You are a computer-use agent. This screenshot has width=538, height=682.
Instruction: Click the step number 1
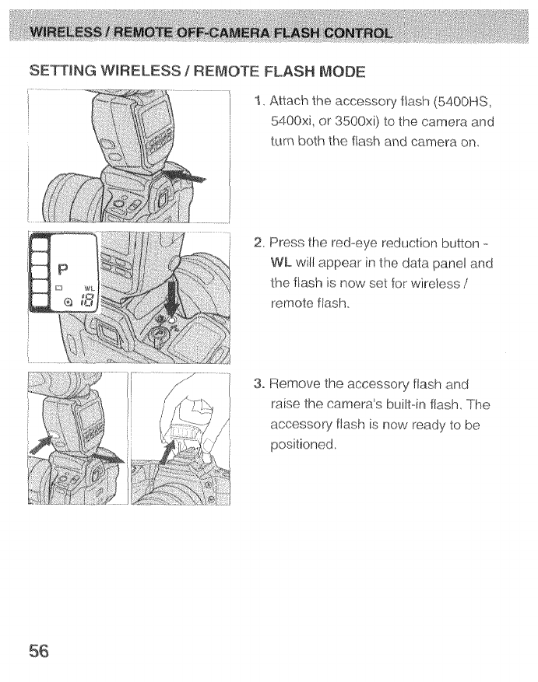point(258,103)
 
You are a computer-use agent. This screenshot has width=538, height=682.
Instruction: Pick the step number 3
point(259,383)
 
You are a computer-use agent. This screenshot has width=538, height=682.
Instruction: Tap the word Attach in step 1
point(291,103)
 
